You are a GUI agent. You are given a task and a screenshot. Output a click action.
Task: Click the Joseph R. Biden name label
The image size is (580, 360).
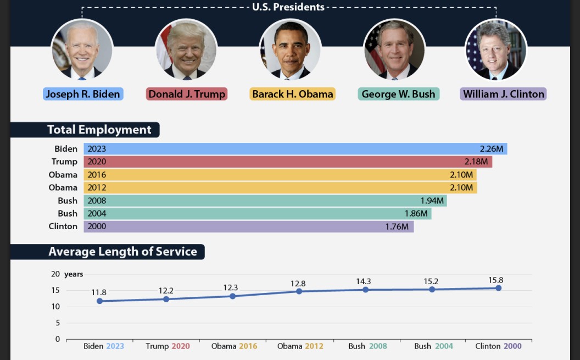click(83, 94)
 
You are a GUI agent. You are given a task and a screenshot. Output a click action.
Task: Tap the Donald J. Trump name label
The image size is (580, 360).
click(187, 94)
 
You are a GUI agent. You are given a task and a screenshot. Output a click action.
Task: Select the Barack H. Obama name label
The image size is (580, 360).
click(293, 94)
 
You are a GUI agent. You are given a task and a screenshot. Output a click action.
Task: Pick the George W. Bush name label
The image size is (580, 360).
click(398, 94)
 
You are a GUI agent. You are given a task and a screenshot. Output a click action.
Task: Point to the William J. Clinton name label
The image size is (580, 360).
click(503, 94)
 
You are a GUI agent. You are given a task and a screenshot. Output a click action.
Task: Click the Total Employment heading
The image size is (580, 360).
click(99, 130)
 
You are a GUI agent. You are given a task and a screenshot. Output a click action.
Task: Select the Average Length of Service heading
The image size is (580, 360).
click(122, 252)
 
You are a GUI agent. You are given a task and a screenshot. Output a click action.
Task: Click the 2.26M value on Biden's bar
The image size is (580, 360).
click(491, 149)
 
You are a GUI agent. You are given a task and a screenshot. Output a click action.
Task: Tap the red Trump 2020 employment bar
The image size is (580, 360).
click(286, 162)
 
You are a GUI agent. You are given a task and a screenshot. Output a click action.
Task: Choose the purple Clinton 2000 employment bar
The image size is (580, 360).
click(247, 226)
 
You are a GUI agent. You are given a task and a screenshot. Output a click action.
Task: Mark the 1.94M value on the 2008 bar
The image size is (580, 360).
click(432, 201)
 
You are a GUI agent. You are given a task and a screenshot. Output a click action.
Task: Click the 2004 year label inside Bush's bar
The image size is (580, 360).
click(97, 213)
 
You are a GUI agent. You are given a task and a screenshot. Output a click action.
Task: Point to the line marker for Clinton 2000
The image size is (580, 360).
click(498, 288)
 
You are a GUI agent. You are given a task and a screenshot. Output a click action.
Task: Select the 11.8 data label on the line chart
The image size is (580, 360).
click(99, 292)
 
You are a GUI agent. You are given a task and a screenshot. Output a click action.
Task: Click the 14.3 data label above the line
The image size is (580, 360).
click(363, 281)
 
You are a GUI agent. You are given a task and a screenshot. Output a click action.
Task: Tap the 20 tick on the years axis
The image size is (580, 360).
click(55, 274)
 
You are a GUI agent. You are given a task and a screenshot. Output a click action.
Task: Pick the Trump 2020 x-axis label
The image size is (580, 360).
click(168, 346)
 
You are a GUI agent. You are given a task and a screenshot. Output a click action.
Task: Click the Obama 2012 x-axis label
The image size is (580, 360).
click(300, 346)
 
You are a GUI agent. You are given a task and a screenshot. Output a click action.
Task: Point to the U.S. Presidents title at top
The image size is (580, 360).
click(288, 7)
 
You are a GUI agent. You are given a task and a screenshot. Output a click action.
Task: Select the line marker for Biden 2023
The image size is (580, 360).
click(99, 301)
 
